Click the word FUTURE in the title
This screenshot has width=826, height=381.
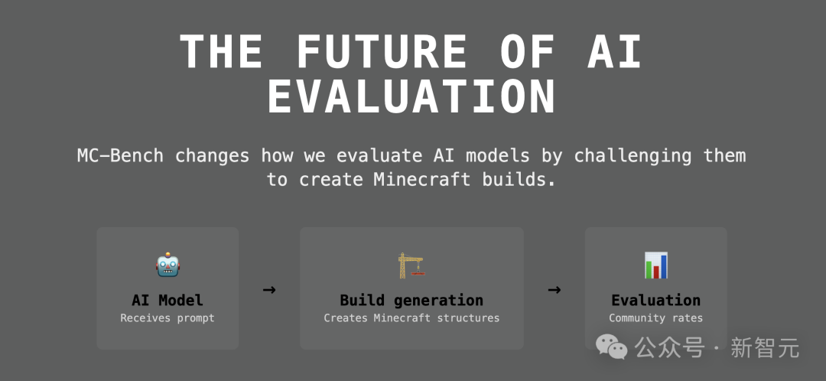[x=382, y=52]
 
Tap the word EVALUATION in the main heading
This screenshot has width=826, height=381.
[x=411, y=97]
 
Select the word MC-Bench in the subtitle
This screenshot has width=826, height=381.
[x=120, y=156]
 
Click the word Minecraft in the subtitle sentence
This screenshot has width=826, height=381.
[x=422, y=180]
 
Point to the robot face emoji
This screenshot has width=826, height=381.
[x=167, y=265]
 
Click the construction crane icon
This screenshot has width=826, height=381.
[x=411, y=265]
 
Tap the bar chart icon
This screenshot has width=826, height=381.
[x=655, y=265]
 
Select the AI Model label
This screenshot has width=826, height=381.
[x=167, y=301]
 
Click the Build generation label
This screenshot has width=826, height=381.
[x=411, y=301]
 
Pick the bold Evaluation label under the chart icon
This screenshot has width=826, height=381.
[x=656, y=301]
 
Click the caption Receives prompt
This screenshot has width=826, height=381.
[x=167, y=318]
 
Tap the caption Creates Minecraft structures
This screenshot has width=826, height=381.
[x=411, y=318]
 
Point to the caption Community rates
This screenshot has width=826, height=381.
[x=656, y=318]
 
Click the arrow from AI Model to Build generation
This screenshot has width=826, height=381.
[x=269, y=289]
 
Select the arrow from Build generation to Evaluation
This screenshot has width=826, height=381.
[x=554, y=289]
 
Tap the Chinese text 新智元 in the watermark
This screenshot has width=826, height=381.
[x=765, y=348]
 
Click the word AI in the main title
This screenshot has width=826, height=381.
[x=615, y=52]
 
